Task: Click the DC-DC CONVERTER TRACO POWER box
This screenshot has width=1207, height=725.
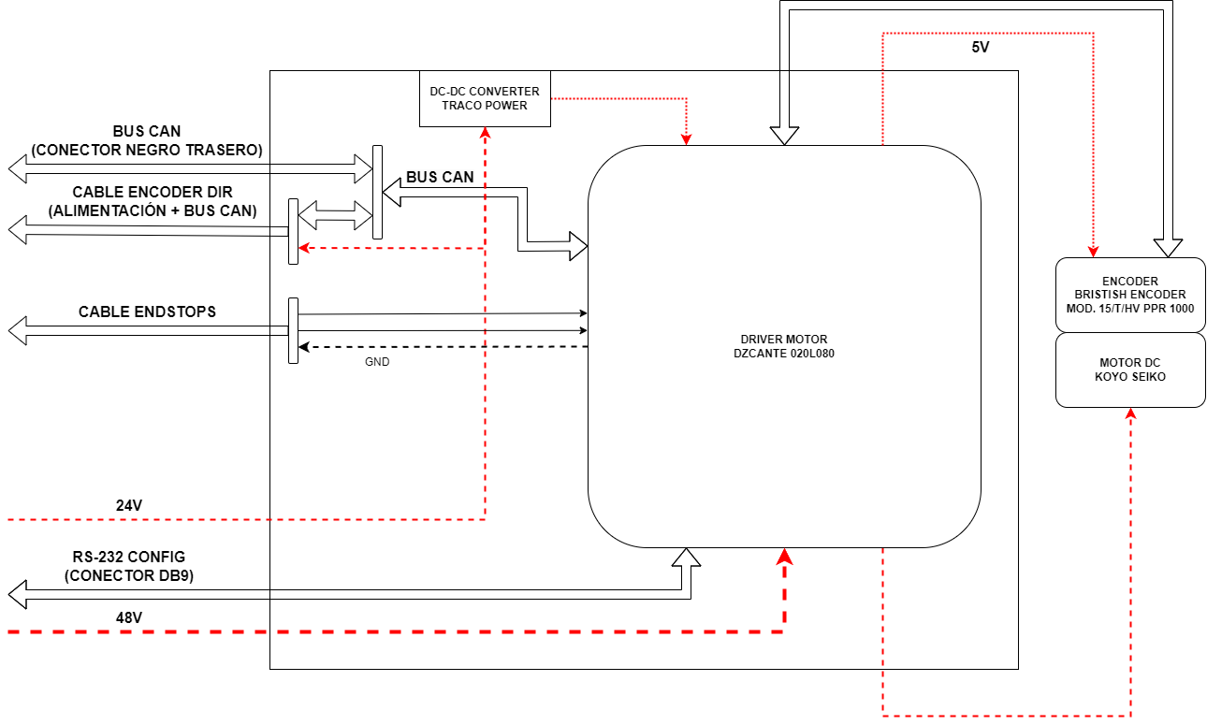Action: coord(485,98)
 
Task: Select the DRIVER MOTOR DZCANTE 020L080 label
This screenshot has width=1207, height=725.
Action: coord(783,346)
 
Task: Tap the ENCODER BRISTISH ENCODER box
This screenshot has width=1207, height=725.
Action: coord(1129,295)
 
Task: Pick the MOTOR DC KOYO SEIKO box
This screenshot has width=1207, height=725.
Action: coord(1129,370)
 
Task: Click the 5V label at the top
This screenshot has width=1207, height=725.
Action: coord(980,48)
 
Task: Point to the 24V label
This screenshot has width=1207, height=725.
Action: coord(129,506)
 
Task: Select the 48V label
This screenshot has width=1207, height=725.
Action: coord(129,617)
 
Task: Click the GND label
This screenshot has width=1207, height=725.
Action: coord(377,361)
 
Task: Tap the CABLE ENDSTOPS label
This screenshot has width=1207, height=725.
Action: coord(147,312)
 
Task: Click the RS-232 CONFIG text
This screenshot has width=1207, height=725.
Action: coord(129,557)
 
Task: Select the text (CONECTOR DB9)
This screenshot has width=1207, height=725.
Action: coord(129,575)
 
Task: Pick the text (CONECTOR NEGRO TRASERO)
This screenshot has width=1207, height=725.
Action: coord(147,150)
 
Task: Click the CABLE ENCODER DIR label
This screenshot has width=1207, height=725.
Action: coord(153,192)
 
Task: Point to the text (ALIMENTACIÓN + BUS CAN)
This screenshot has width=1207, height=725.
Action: coord(153,210)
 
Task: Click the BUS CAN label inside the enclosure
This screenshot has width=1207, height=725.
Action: coord(440,177)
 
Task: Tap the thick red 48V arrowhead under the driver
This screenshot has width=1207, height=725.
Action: coord(784,557)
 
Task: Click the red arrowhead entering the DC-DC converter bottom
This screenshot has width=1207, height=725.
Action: coord(485,133)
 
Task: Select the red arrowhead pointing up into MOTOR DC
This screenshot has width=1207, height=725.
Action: coord(1130,414)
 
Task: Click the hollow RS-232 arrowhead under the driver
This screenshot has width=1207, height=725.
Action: coord(687,558)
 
